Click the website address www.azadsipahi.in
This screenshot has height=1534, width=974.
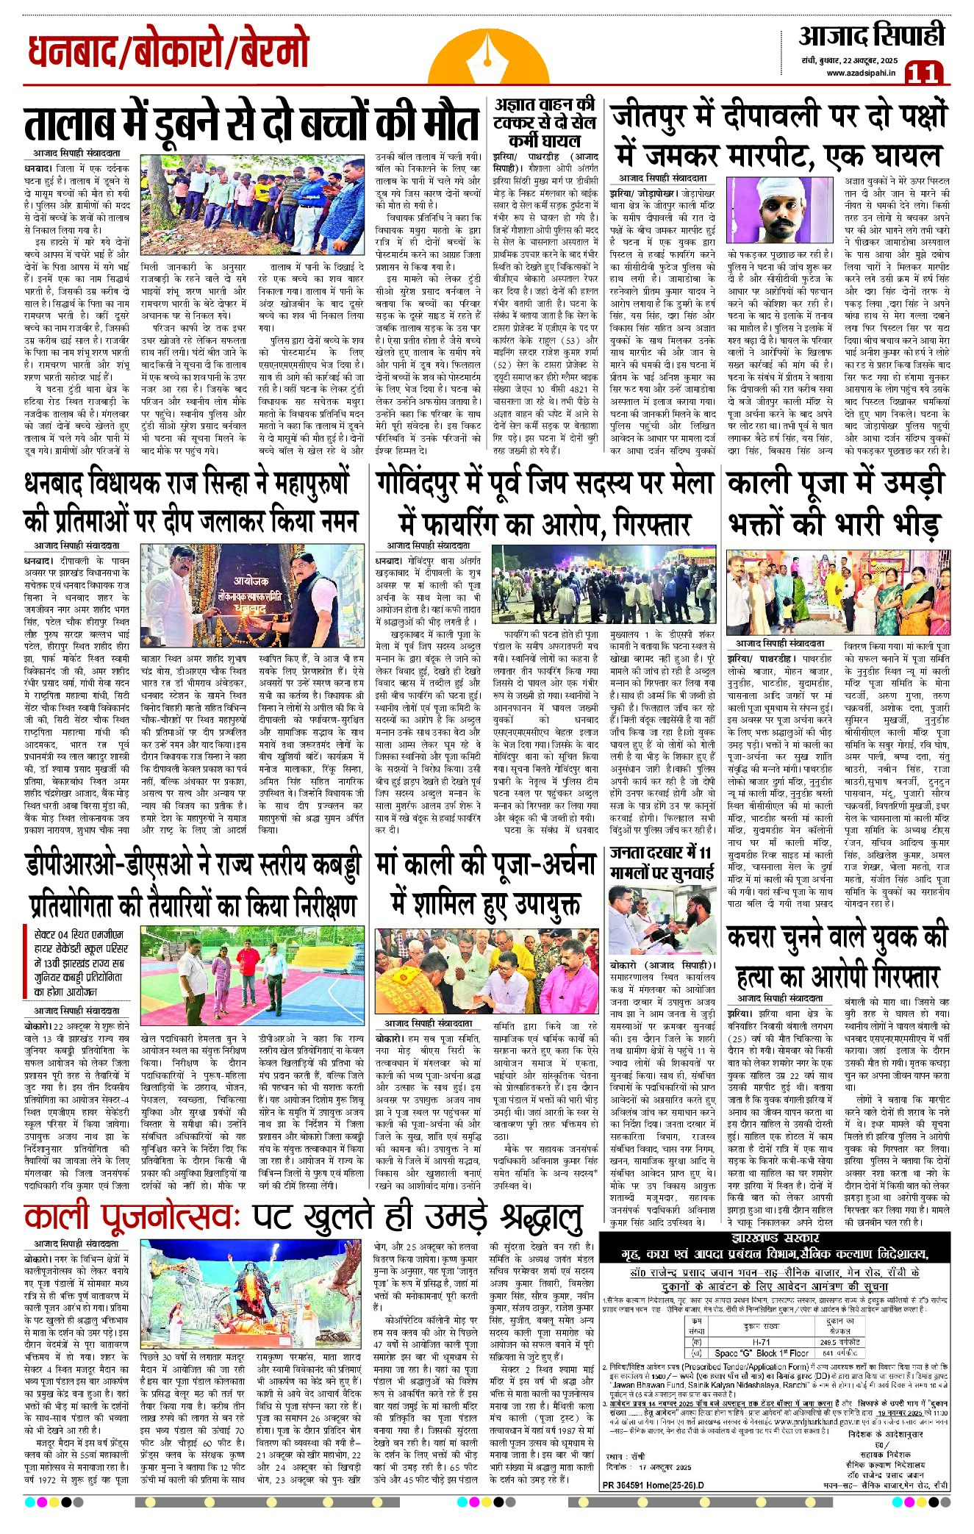[860, 73]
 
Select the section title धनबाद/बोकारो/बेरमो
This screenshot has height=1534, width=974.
[168, 52]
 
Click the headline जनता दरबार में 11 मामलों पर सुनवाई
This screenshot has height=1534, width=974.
[662, 863]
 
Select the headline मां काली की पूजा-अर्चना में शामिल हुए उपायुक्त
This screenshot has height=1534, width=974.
[484, 886]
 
